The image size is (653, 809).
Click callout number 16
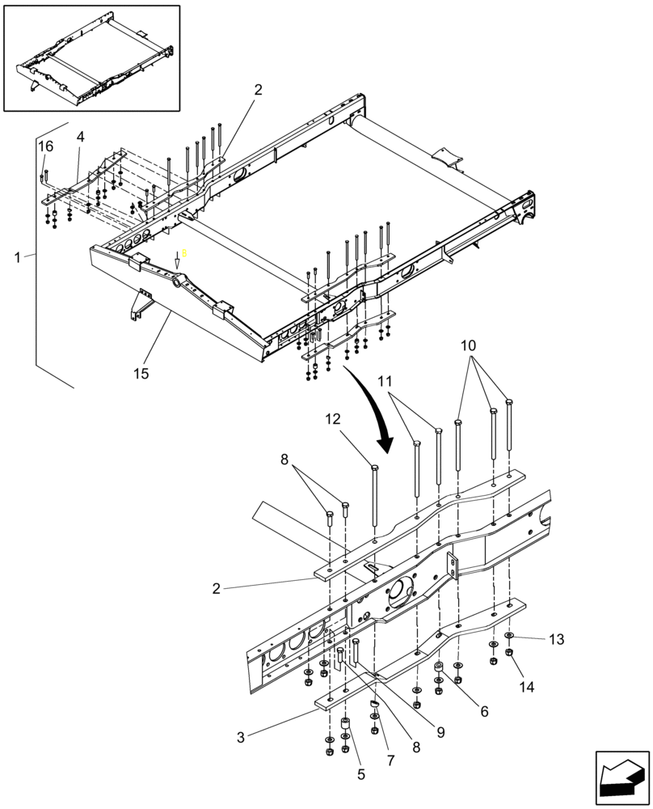45,146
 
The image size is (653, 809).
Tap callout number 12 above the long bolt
334,419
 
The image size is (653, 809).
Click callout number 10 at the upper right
469,345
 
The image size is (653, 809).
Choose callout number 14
527,688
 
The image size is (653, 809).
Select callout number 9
440,731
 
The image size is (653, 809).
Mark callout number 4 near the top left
80,138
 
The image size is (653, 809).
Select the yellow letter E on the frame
184,253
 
